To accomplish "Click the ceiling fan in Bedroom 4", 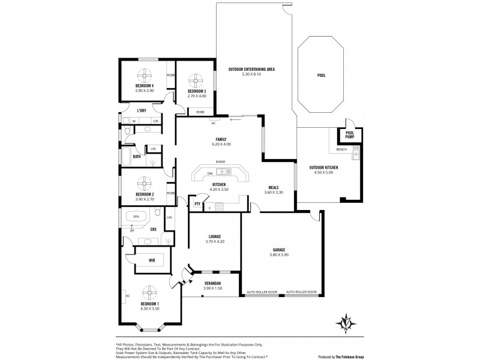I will pos(145,75).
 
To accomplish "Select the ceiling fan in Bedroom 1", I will pos(149,293).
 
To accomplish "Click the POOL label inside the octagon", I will pos(322,76).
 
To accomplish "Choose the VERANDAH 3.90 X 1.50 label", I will pos(213,285).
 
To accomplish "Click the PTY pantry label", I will pos(197,205).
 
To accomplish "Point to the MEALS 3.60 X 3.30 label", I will pos(273,190).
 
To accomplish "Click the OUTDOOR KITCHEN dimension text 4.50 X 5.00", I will pos(323,173).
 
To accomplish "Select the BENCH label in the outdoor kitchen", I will pos(341,149).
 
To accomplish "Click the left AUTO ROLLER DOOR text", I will pos(262,292).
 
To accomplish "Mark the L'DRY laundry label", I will pos(142,110).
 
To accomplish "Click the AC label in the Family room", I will pos(213,123).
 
